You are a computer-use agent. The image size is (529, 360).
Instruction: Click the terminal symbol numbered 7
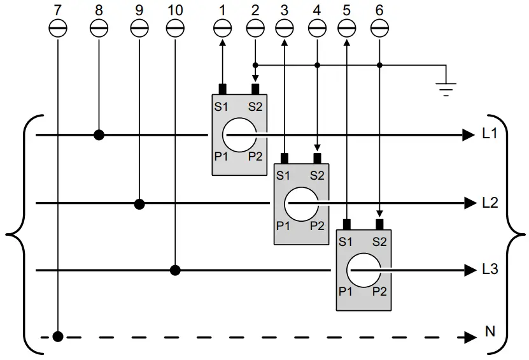[x=58, y=28]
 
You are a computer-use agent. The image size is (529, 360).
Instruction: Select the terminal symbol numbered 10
[x=174, y=28]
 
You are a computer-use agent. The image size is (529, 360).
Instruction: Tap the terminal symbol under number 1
[x=222, y=28]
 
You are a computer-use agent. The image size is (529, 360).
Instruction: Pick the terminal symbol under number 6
[x=379, y=28]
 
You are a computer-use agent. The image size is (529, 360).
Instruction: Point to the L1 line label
[x=490, y=135]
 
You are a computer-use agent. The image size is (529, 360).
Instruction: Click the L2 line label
[x=490, y=203]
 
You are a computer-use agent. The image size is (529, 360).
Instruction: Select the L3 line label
[x=490, y=270]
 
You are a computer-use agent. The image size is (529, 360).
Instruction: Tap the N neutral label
[x=490, y=331]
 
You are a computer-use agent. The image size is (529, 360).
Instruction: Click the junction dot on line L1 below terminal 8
[x=99, y=135]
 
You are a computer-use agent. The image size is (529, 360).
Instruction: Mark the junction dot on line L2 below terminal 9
[x=140, y=204]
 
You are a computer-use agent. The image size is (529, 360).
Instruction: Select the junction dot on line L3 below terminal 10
[x=176, y=270]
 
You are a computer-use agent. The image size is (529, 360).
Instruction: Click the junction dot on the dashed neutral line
[x=58, y=336]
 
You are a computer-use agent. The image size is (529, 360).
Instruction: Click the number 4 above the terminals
[x=317, y=10]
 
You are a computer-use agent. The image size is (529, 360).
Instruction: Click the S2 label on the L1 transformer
[x=255, y=106]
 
